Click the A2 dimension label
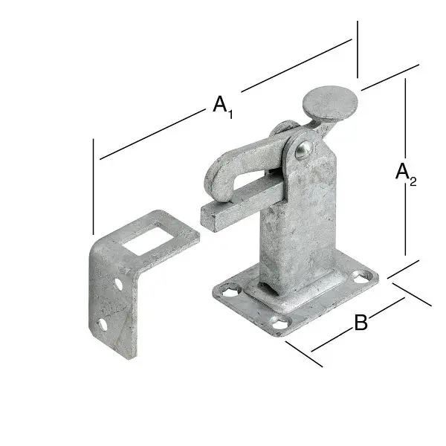click(x=406, y=175)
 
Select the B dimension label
click(x=361, y=322)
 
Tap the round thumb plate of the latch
click(x=329, y=104)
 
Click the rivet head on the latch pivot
click(x=304, y=149)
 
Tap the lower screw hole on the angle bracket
click(x=103, y=325)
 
